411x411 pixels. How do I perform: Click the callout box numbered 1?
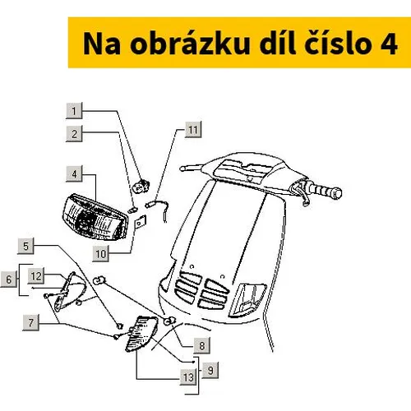74,111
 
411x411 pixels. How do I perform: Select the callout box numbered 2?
74,134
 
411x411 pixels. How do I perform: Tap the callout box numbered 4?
74,174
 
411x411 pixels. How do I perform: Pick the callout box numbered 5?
25,246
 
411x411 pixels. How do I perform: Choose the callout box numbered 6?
8,279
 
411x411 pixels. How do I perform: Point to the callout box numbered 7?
30,322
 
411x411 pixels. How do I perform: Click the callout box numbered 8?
202,345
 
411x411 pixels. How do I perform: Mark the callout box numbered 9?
210,371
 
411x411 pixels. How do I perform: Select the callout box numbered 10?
100,254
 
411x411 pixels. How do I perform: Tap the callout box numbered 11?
193,130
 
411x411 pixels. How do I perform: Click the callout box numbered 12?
36,276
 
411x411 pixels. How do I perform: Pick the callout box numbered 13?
188,377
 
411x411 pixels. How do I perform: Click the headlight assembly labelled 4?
95,217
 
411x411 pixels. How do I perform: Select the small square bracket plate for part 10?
141,222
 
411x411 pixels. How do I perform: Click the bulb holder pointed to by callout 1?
141,186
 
